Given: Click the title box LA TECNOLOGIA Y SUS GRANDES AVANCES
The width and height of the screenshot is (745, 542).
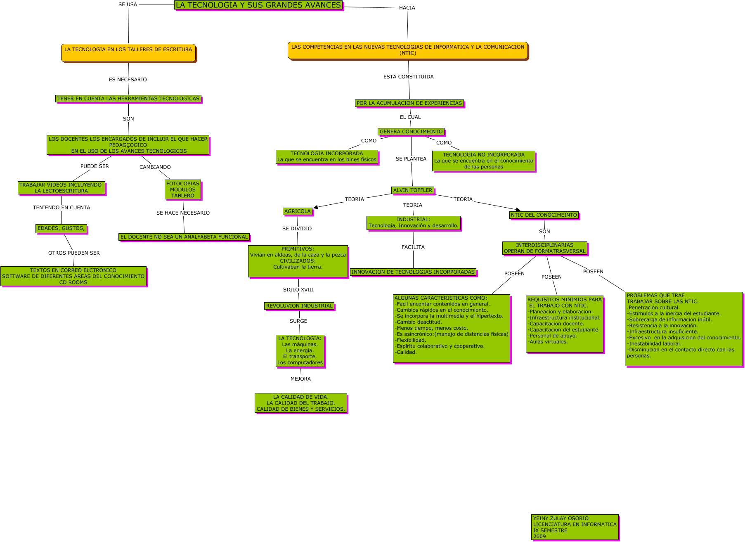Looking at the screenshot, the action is click(258, 5).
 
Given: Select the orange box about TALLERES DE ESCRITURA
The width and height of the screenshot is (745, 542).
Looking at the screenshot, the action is click(128, 52).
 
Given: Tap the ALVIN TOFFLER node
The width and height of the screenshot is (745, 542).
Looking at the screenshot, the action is click(412, 190).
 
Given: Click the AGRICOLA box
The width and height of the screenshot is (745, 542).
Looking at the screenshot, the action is click(297, 211).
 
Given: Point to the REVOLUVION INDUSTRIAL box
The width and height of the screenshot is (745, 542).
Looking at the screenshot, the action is click(299, 306).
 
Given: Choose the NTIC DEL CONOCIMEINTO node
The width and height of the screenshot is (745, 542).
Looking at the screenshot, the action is click(544, 215).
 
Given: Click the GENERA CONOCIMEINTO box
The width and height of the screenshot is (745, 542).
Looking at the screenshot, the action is click(411, 132).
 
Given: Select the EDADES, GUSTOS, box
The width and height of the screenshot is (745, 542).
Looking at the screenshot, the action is click(61, 228).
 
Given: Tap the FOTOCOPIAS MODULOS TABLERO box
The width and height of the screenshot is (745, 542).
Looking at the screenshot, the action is click(182, 190).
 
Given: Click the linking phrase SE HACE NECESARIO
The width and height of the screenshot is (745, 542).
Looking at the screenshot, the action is click(183, 213).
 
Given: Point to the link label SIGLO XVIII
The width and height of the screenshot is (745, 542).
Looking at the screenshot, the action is click(298, 290).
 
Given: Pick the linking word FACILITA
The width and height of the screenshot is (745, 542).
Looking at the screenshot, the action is click(413, 247).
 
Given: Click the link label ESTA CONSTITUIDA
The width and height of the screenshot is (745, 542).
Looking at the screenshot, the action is click(408, 77).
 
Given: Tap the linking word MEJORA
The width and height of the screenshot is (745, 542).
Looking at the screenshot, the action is click(300, 379).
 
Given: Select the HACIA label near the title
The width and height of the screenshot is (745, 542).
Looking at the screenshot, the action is click(407, 8).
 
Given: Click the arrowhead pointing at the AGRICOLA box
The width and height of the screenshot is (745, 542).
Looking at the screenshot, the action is click(316, 207).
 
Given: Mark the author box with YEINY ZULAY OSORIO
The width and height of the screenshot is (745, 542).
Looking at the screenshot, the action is click(575, 527).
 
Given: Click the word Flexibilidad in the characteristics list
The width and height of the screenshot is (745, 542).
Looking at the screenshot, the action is click(411, 341).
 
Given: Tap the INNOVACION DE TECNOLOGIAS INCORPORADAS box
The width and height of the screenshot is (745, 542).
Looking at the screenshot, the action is click(413, 272).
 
